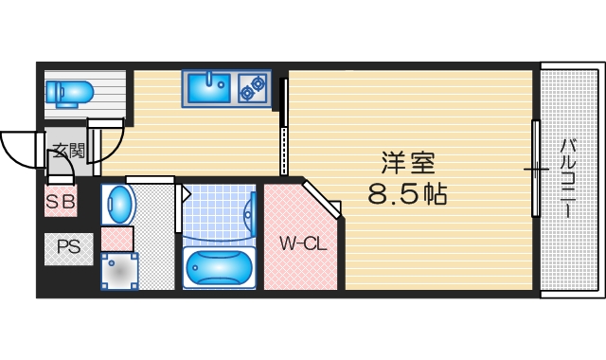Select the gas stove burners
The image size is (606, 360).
click(x=253, y=88)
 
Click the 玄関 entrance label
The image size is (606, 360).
click(x=67, y=150)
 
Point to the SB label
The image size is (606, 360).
click(x=62, y=201)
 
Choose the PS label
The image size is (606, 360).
click(x=67, y=248)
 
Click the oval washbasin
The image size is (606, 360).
click(x=118, y=204)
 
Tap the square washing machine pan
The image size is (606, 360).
click(x=119, y=271)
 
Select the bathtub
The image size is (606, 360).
click(x=219, y=266)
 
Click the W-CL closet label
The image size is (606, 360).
click(x=303, y=243)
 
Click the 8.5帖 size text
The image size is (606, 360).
click(x=406, y=196)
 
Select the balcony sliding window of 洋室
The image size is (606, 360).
click(x=537, y=171)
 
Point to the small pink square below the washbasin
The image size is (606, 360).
click(x=117, y=238)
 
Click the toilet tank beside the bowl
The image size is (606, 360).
click(x=53, y=91)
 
